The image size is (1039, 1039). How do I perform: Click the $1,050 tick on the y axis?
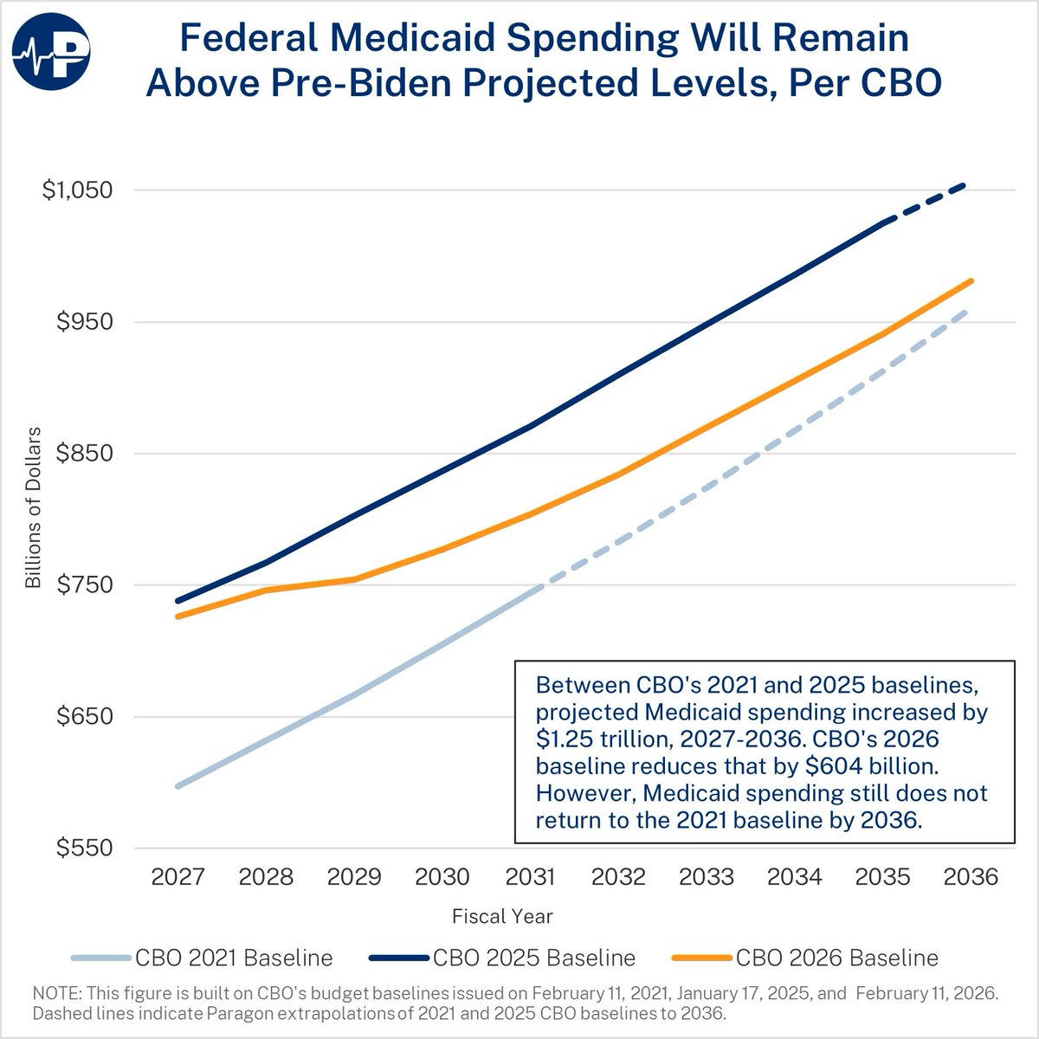point(78,190)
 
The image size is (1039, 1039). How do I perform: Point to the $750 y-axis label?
point(85,584)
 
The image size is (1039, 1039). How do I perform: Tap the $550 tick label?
point(85,849)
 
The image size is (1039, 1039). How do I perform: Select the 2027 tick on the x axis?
point(177,877)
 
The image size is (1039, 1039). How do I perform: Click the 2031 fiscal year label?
point(530,877)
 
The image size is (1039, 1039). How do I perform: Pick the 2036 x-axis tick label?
point(971,877)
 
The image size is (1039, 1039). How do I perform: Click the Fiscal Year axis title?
point(502,916)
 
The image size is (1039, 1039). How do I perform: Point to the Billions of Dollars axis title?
point(33,507)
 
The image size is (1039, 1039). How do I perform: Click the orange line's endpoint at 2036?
point(971,281)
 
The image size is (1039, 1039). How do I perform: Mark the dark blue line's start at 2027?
point(177,601)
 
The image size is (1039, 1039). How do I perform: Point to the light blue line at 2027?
point(177,786)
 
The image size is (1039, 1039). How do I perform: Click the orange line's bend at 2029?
point(354,579)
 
